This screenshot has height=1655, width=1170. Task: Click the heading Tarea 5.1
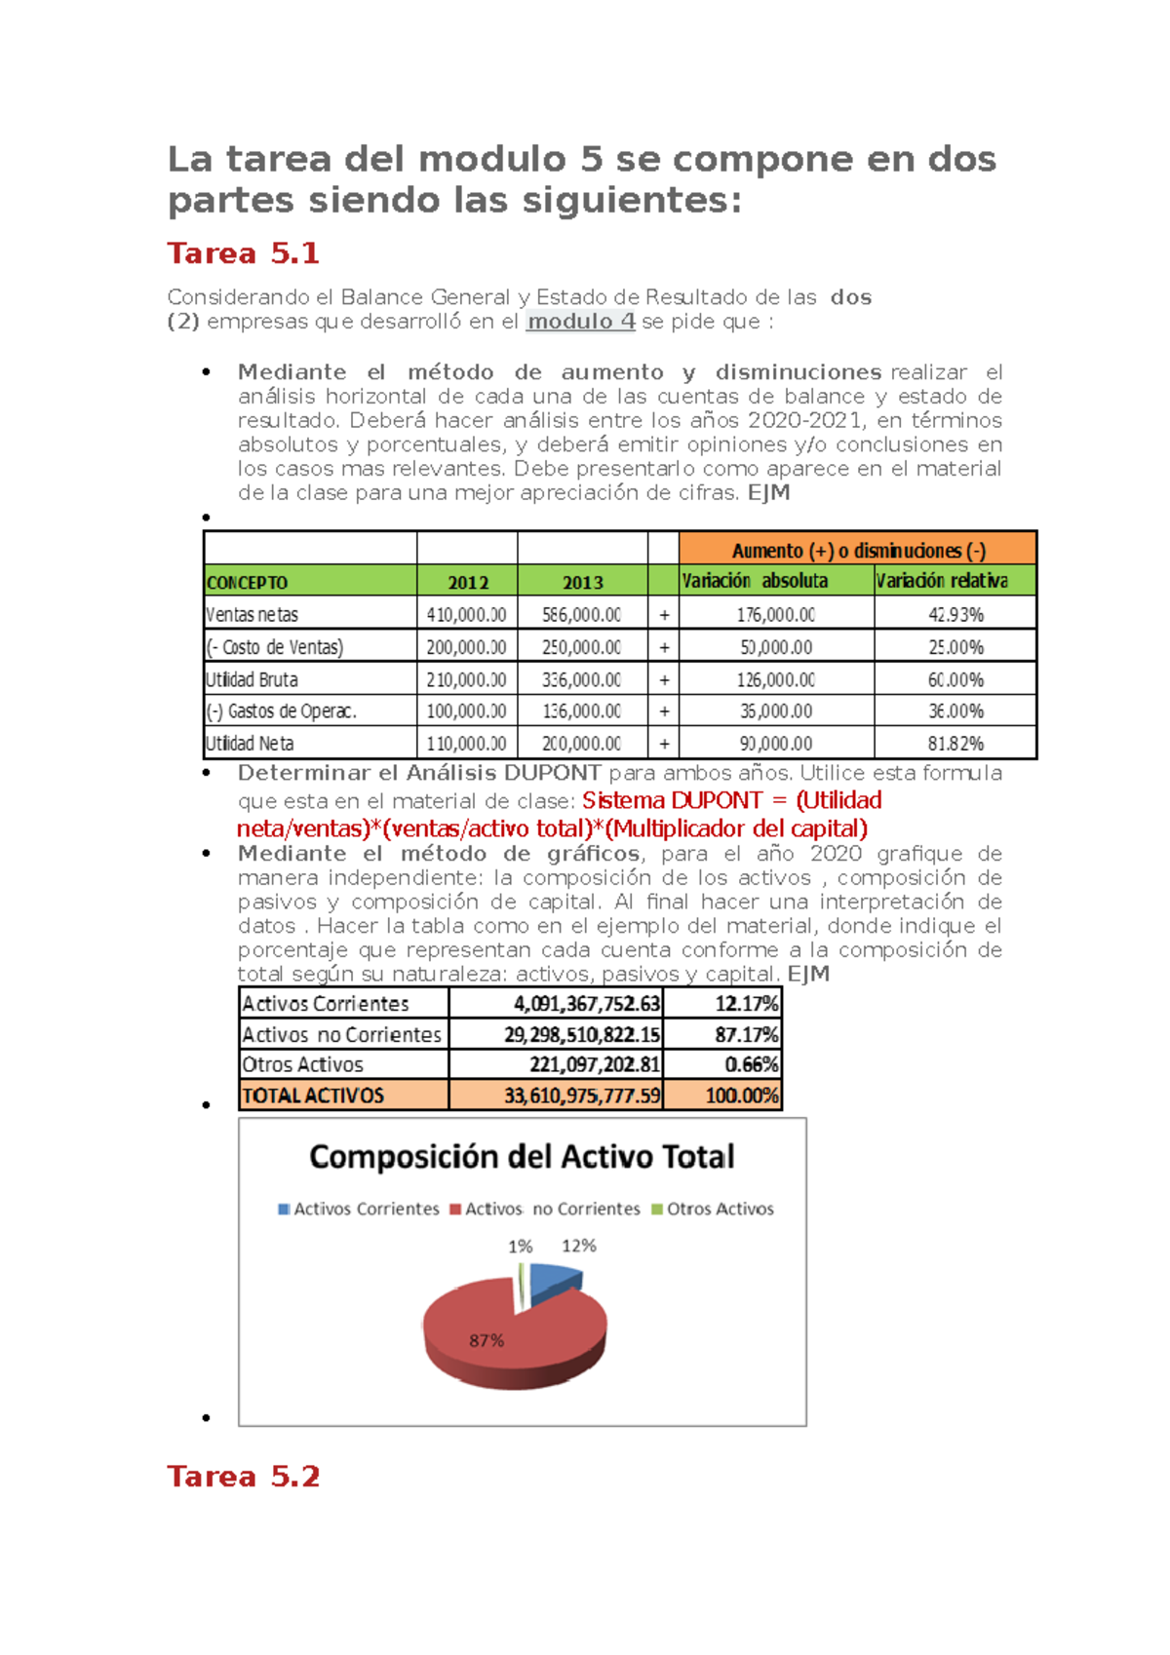(x=243, y=253)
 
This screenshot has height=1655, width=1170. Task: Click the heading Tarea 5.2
(x=243, y=1477)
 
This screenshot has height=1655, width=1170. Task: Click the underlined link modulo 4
(x=580, y=322)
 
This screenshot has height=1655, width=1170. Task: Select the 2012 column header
(x=467, y=582)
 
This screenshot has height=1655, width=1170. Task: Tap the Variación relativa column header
(x=942, y=581)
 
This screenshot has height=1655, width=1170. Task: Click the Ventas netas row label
(x=252, y=614)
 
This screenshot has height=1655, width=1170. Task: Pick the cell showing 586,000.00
(x=581, y=614)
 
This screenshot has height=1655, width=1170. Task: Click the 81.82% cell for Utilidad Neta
(x=955, y=744)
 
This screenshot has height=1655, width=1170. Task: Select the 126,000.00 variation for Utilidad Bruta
(x=775, y=679)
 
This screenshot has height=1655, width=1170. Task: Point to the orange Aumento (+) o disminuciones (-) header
(x=858, y=550)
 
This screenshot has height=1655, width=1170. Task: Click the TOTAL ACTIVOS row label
(x=313, y=1096)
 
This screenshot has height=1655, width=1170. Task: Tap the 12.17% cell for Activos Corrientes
(x=746, y=1004)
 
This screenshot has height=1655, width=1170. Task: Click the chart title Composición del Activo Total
(x=522, y=1157)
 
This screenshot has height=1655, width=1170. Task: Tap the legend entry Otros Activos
(x=720, y=1209)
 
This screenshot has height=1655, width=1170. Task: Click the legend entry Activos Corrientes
(x=366, y=1209)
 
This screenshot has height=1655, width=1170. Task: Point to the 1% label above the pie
(x=520, y=1247)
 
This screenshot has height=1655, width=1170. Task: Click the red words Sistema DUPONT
(x=672, y=800)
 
